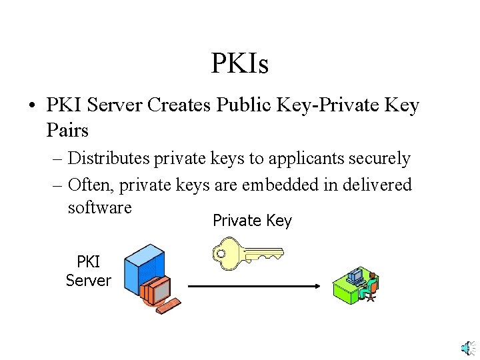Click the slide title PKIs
pos(240,64)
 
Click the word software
pos(100,208)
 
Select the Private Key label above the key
pos(252,221)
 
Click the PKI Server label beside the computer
pos(88,271)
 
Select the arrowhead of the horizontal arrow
pos(317,287)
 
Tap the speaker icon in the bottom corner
pos(469,348)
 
